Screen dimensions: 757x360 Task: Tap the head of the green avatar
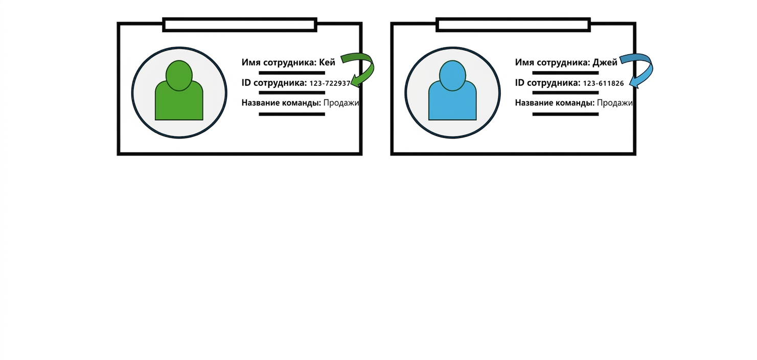point(179,76)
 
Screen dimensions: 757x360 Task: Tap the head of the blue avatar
point(452,76)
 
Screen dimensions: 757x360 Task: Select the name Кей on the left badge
point(327,62)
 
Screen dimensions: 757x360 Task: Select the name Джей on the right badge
point(605,62)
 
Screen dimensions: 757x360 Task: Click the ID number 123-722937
point(330,83)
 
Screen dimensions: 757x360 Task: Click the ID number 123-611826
point(603,83)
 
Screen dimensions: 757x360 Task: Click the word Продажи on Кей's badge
point(341,103)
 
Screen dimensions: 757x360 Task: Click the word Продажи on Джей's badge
point(614,103)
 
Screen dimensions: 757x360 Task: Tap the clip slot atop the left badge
point(240,25)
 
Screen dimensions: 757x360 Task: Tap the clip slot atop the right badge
point(513,25)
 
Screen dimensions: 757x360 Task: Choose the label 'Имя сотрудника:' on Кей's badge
point(279,62)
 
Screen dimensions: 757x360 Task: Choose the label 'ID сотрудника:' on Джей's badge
point(547,83)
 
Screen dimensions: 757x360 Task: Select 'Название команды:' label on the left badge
point(281,103)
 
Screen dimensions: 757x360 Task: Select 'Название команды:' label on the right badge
point(555,103)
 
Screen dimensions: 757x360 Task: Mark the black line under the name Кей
point(292,73)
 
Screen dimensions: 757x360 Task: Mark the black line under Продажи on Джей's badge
point(565,114)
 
